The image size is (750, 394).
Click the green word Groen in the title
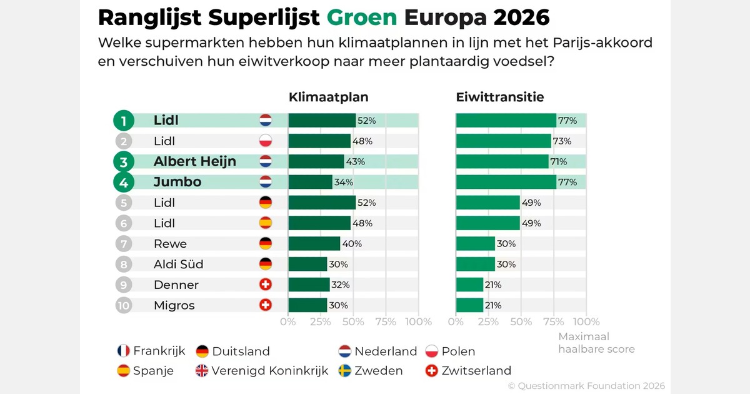[362, 18]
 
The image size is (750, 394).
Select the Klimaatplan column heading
[328, 97]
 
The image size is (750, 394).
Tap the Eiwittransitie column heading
[499, 97]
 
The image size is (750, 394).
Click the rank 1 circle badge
[124, 121]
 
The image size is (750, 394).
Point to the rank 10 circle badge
[124, 306]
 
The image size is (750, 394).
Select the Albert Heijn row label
[194, 161]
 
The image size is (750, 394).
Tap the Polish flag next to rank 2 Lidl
[266, 141]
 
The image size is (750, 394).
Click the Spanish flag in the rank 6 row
[266, 223]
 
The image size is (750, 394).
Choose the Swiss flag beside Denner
[266, 285]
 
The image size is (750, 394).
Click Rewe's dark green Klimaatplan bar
[314, 244]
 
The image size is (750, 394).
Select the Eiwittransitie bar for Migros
[469, 306]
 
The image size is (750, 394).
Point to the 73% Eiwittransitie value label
[561, 141]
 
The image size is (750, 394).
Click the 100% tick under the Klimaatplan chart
[418, 322]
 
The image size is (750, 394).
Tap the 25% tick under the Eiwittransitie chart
[488, 322]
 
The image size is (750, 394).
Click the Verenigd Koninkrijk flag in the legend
[202, 371]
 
